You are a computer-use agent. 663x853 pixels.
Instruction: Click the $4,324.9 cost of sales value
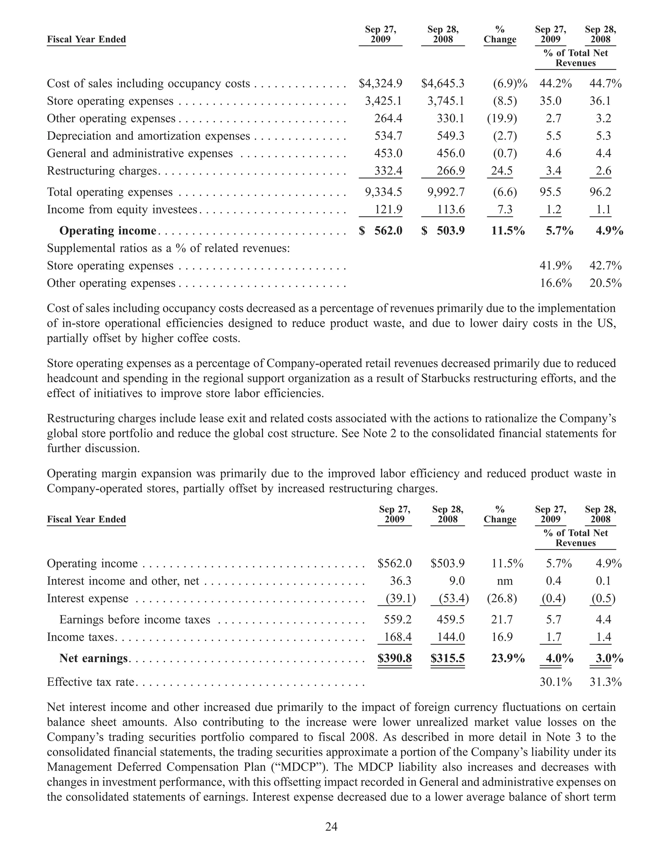click(x=380, y=83)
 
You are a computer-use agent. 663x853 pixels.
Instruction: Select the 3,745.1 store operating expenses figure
click(x=446, y=101)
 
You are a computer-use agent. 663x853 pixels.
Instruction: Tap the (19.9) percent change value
click(x=501, y=119)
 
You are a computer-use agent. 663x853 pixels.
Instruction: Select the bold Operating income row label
click(x=107, y=231)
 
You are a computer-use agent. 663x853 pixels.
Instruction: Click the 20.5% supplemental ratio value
click(x=605, y=283)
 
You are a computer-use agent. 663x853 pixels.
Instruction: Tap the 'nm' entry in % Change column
click(x=505, y=581)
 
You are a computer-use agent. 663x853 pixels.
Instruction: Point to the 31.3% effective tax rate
click(x=605, y=682)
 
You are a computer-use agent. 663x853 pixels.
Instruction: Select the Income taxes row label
click(x=81, y=637)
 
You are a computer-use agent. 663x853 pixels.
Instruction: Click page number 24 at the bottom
click(x=331, y=827)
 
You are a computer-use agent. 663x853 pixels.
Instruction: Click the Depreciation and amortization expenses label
click(x=148, y=136)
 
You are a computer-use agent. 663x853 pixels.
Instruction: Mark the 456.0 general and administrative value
click(x=450, y=154)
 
